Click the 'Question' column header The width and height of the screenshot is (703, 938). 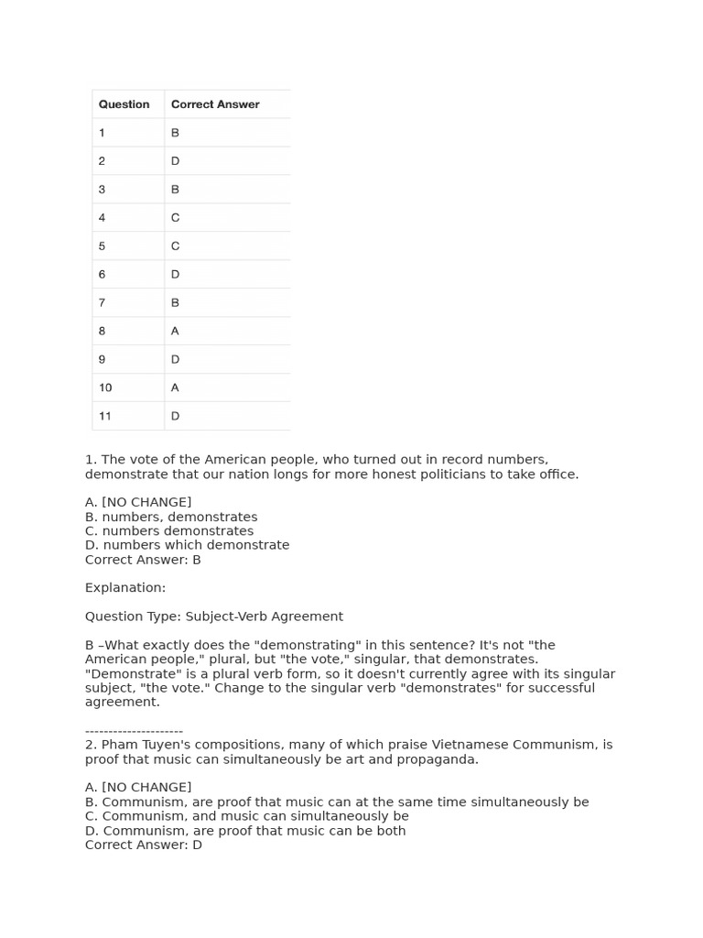(124, 104)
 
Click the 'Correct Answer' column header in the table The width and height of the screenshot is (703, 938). (215, 104)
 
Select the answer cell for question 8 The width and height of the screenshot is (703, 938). (175, 331)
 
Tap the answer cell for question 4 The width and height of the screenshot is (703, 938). (175, 218)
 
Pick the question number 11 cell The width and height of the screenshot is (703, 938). (105, 416)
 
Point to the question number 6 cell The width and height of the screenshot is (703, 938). (103, 274)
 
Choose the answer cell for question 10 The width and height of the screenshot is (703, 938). (175, 387)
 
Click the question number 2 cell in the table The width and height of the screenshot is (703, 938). (103, 161)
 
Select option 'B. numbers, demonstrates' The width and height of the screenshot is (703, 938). (171, 517)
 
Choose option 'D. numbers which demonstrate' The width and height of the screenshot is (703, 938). (187, 545)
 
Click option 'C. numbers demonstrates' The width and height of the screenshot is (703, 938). (169, 530)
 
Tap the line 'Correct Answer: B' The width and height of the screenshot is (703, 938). (143, 560)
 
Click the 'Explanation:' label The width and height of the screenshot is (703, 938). (125, 588)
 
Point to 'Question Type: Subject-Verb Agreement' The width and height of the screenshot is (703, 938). (214, 616)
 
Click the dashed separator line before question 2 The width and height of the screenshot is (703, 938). (134, 731)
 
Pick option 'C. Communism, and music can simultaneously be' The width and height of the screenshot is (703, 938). (247, 816)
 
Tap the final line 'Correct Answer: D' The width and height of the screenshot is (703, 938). (144, 845)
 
